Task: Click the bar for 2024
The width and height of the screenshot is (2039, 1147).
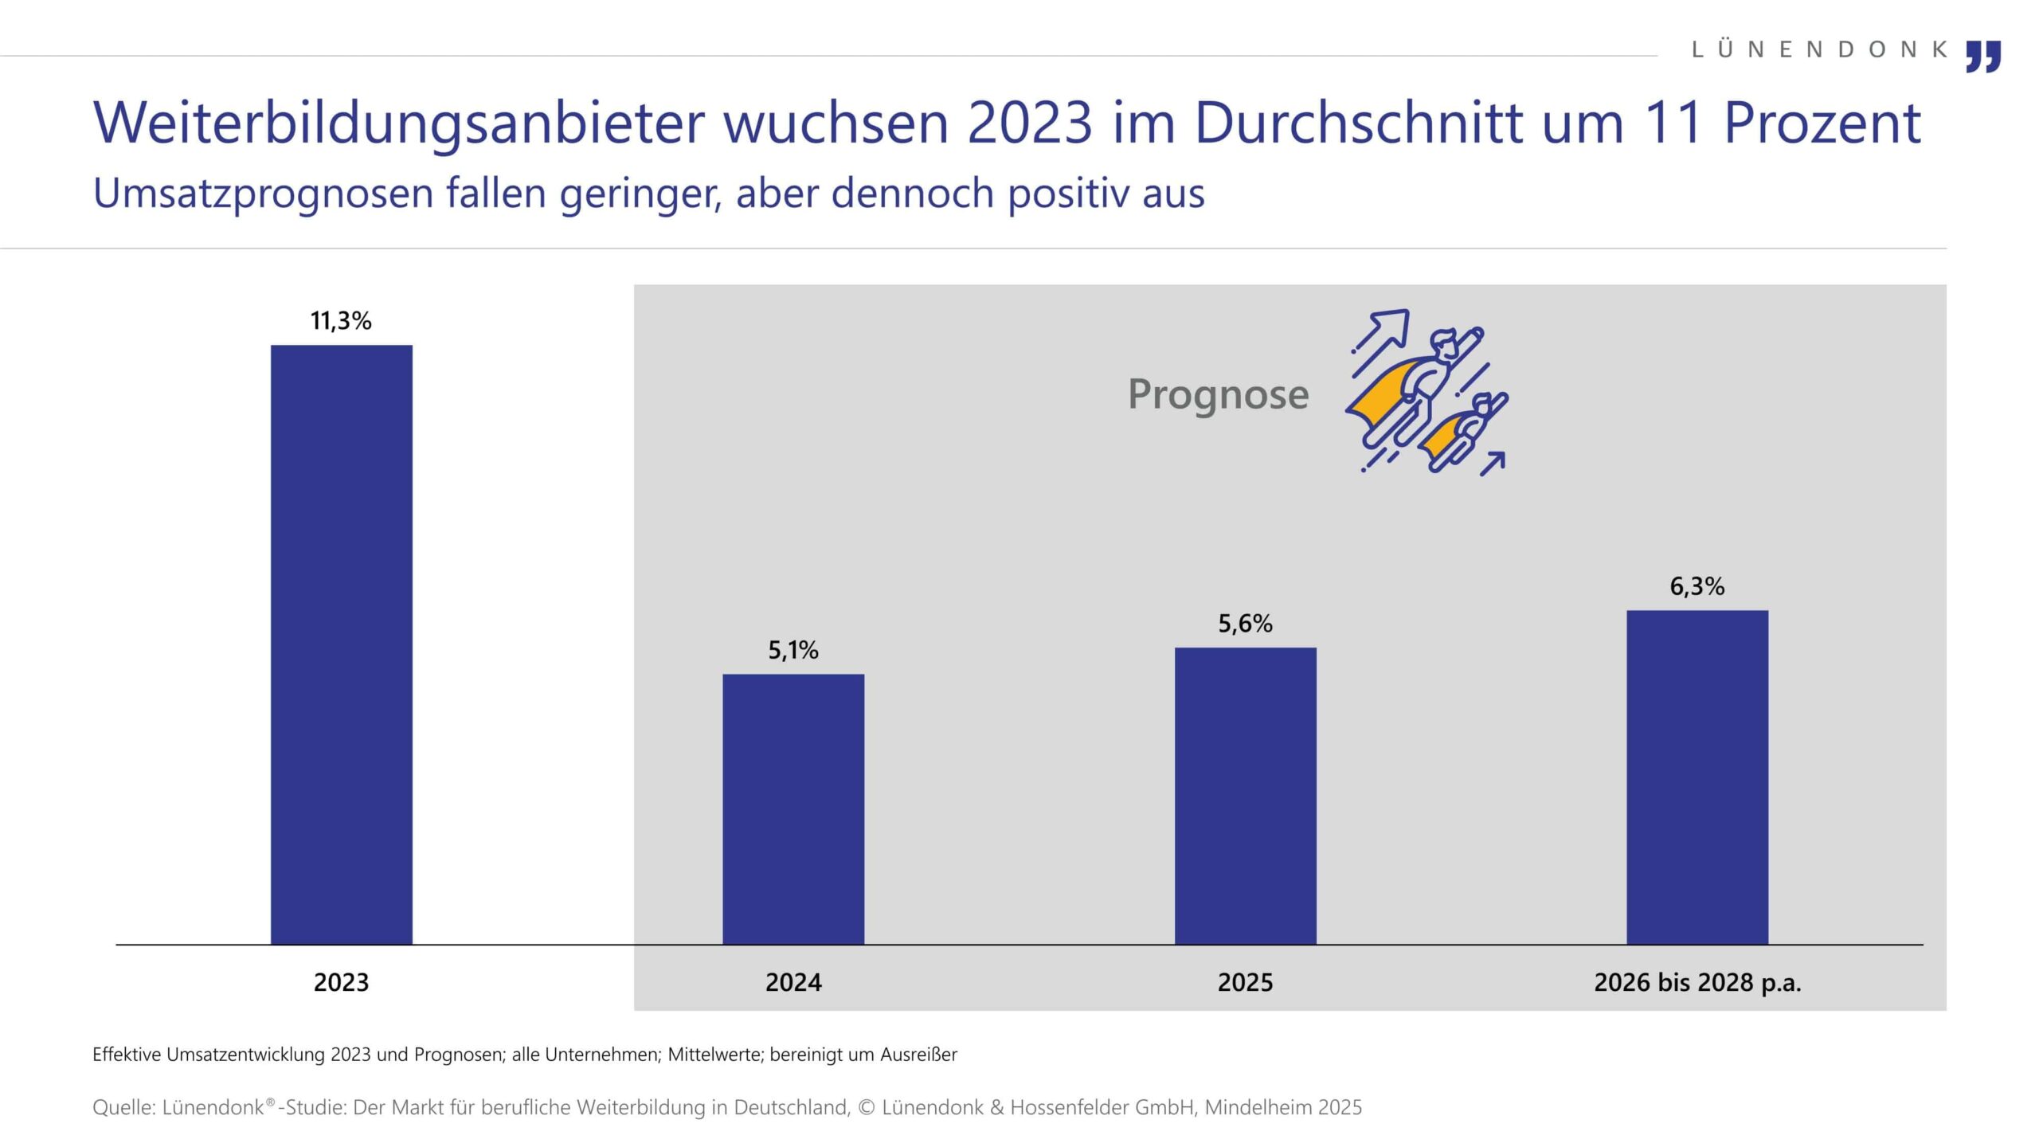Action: (x=793, y=808)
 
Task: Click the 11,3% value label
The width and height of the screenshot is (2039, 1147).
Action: (x=341, y=321)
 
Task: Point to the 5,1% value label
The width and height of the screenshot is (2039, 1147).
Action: (x=793, y=651)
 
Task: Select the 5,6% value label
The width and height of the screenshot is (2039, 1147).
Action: (x=1245, y=624)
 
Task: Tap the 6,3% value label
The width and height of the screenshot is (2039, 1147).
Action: (x=1697, y=587)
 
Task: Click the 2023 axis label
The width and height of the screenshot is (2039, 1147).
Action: (x=341, y=983)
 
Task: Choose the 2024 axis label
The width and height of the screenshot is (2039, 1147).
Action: (x=793, y=983)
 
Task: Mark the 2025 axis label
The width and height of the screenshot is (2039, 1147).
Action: (x=1245, y=983)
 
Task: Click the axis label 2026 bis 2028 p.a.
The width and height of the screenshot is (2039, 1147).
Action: (x=1697, y=983)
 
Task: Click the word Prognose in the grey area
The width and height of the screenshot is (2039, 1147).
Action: (x=1218, y=394)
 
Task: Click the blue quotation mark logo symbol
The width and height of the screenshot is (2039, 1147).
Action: (x=1982, y=57)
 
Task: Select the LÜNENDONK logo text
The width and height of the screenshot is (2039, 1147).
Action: (x=1819, y=49)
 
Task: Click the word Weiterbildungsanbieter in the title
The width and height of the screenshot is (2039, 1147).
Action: (x=398, y=123)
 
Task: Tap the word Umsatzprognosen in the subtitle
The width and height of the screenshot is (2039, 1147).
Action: (x=263, y=194)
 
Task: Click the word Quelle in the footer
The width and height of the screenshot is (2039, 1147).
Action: (x=120, y=1108)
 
